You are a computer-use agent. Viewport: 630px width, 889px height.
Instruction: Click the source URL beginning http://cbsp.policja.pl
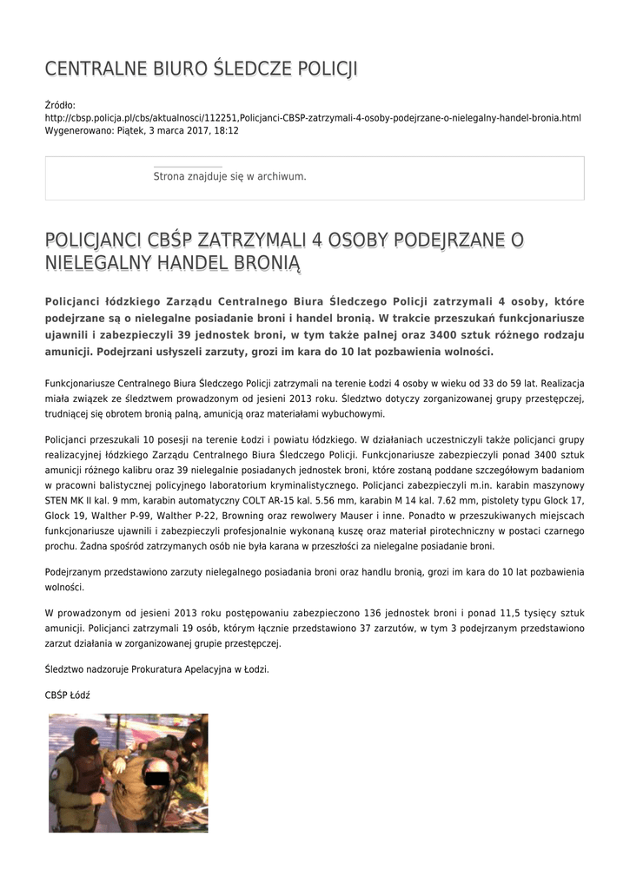(313, 117)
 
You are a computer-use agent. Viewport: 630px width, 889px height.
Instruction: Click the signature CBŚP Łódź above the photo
(68, 695)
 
